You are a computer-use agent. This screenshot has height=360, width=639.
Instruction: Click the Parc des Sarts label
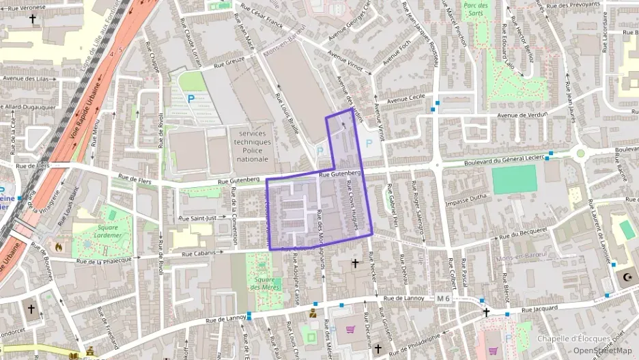(x=476, y=9)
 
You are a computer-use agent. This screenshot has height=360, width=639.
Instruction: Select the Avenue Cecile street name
(x=407, y=100)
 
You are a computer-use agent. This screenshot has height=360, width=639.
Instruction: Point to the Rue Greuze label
(x=229, y=62)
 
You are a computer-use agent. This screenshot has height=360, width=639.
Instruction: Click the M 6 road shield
(x=443, y=299)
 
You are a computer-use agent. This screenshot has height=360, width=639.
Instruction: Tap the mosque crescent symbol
(x=627, y=277)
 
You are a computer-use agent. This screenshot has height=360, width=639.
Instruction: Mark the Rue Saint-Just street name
(x=197, y=218)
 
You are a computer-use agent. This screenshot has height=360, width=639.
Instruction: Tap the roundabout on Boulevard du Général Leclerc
(x=580, y=153)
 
